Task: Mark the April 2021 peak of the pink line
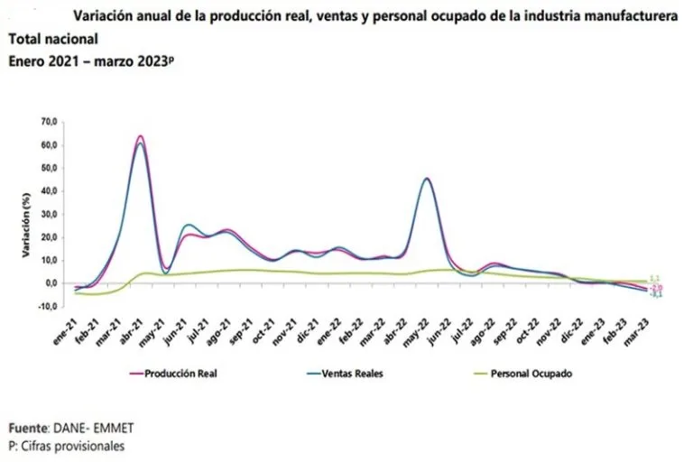point(140,136)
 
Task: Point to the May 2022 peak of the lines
point(427,179)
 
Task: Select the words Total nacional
point(52,40)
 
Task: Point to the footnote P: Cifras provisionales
point(66,445)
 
